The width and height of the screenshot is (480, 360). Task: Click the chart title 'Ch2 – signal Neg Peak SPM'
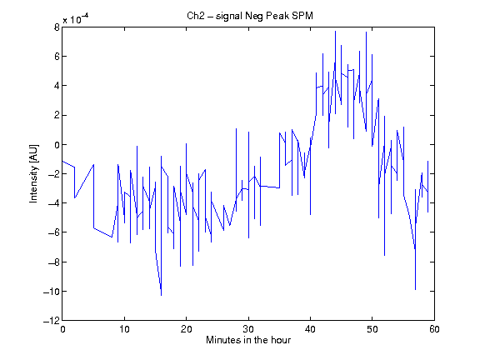tap(250, 16)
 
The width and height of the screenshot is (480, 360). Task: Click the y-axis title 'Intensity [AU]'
tap(33, 173)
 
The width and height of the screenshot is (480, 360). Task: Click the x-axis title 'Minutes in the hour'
tap(248, 340)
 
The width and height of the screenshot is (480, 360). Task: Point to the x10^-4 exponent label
tap(76, 19)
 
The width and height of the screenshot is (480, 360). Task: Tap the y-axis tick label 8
tap(57, 27)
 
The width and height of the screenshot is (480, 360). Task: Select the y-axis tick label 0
tap(57, 145)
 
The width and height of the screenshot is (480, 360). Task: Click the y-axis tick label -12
tap(52, 321)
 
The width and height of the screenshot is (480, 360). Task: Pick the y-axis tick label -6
tap(54, 232)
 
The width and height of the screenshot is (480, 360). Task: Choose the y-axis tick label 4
tap(57, 86)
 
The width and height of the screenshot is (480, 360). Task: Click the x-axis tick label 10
tap(124, 329)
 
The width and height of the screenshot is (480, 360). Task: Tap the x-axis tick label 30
tap(248, 329)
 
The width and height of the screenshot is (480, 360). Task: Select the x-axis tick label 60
tap(434, 329)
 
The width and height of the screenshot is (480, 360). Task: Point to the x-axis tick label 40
tap(310, 329)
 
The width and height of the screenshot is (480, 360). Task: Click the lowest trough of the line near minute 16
tap(162, 295)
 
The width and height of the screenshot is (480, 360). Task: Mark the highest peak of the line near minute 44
tap(335, 31)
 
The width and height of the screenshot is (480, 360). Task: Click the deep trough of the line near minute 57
tap(415, 290)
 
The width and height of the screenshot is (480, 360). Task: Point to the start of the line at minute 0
tap(62, 161)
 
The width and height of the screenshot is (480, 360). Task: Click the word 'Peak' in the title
tap(277, 16)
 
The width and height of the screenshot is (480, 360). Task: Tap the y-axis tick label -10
tap(52, 292)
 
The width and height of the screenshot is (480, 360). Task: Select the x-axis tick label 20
tap(186, 329)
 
